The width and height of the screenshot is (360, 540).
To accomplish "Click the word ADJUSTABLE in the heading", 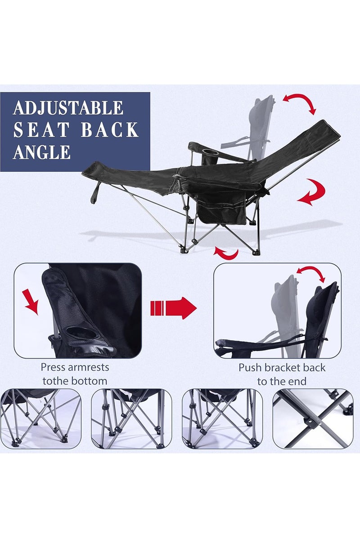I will coord(68,108).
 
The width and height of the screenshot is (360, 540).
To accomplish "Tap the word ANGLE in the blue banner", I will coord(42,152).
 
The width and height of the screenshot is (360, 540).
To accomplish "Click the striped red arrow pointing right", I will coord(173,308).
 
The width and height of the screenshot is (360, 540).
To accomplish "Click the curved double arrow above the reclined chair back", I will coord(299,104).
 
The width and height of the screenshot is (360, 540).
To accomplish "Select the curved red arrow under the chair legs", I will coord(226,253).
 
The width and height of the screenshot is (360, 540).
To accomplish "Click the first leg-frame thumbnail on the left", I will coord(41,419).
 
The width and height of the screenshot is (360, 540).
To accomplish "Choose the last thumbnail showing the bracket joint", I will coord(313,419).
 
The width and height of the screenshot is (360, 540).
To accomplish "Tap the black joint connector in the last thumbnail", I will coord(310,422).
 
